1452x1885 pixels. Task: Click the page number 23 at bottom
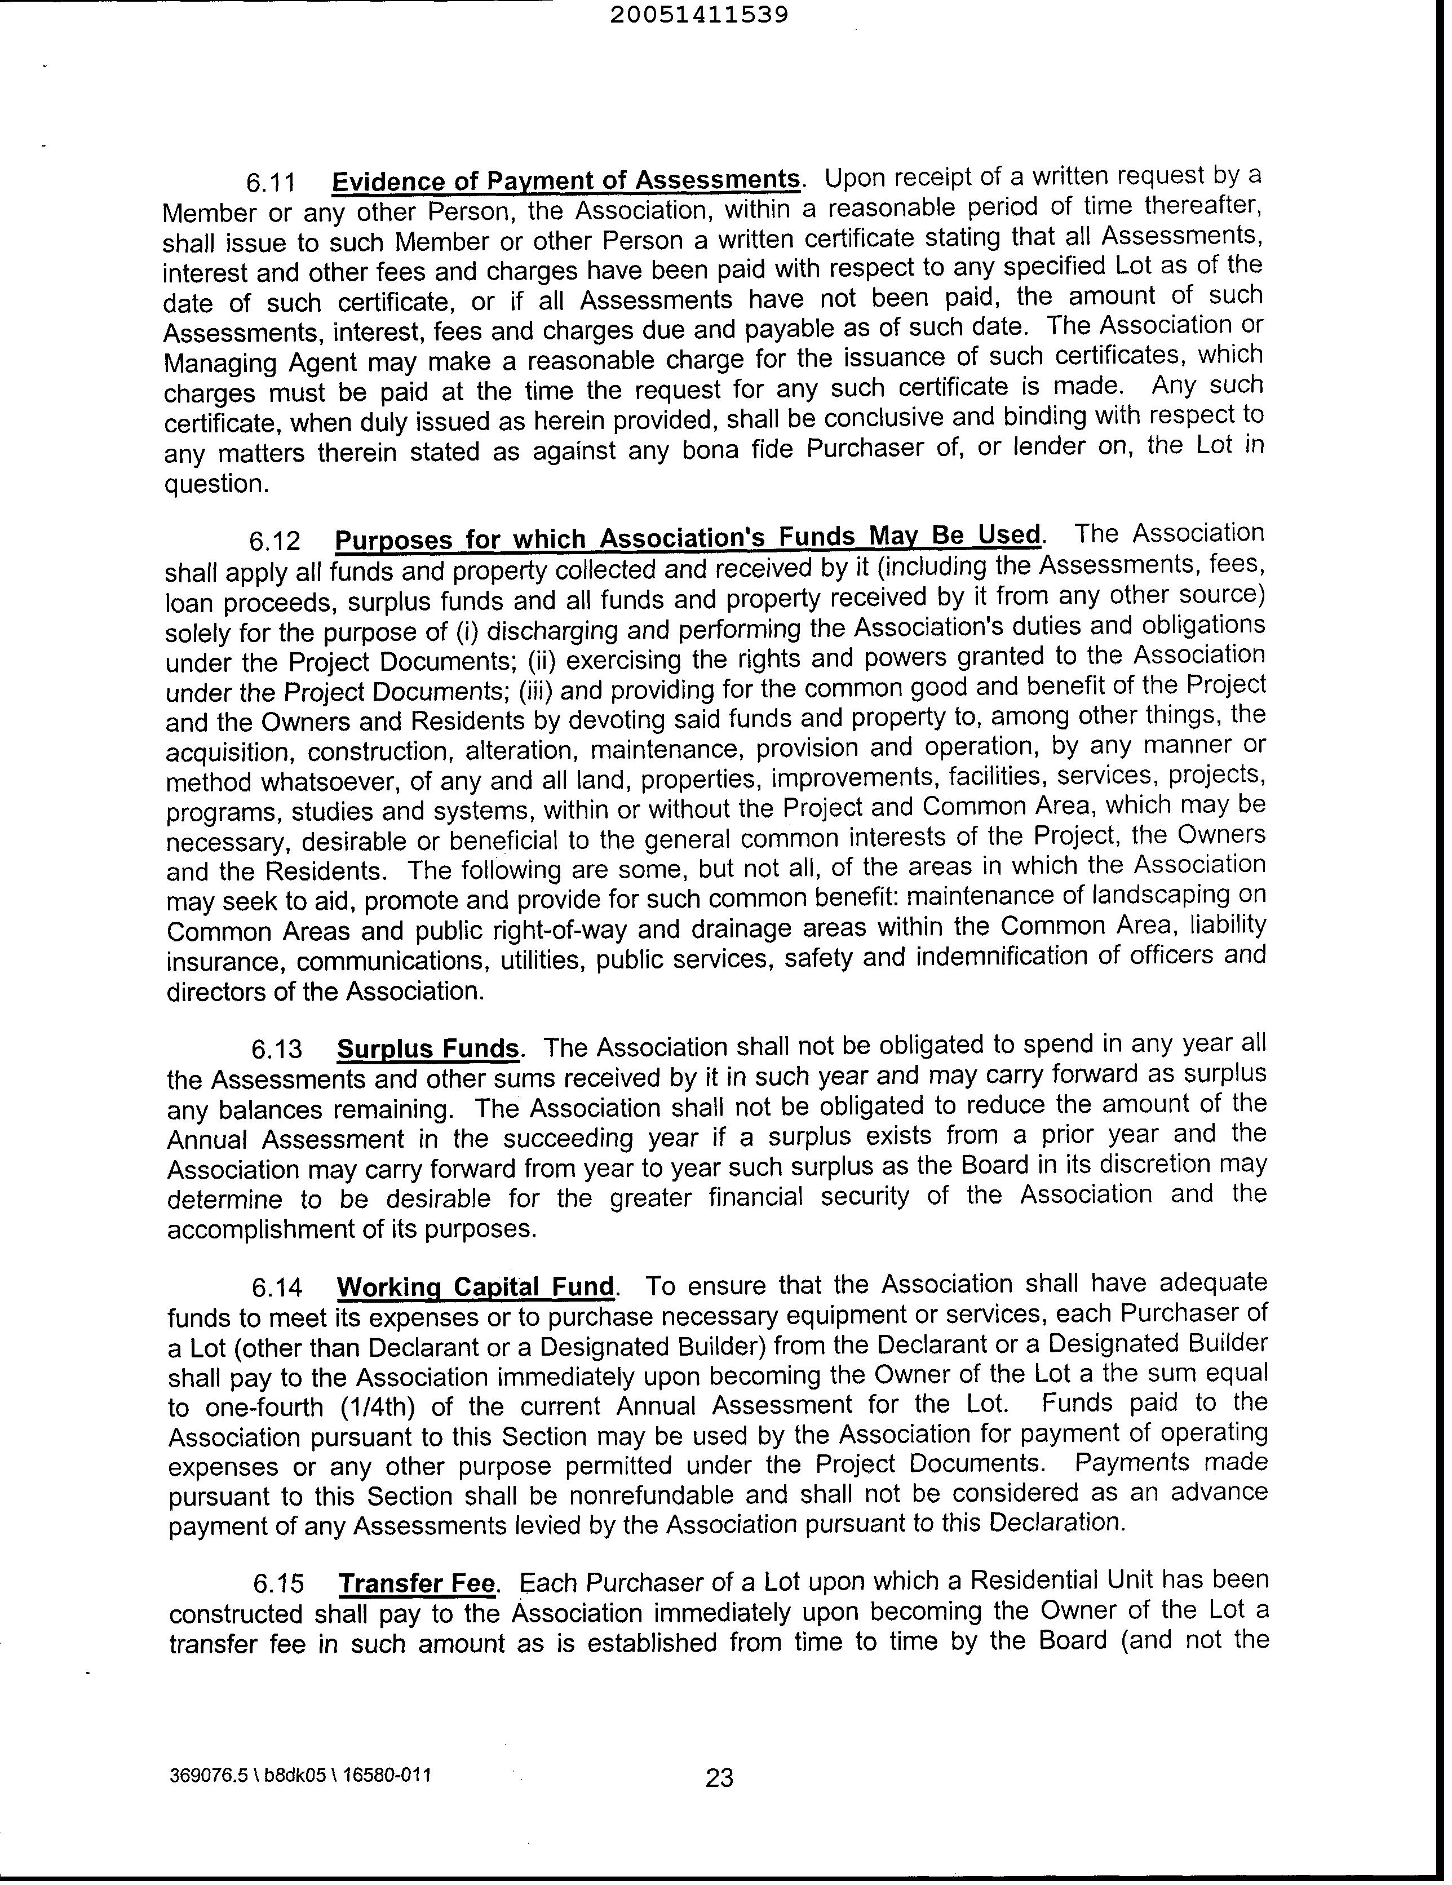click(719, 1778)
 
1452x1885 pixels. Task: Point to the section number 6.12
click(275, 541)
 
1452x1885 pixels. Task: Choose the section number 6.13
click(276, 1048)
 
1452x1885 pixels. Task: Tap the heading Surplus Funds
click(427, 1048)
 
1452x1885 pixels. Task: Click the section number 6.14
click(277, 1287)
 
